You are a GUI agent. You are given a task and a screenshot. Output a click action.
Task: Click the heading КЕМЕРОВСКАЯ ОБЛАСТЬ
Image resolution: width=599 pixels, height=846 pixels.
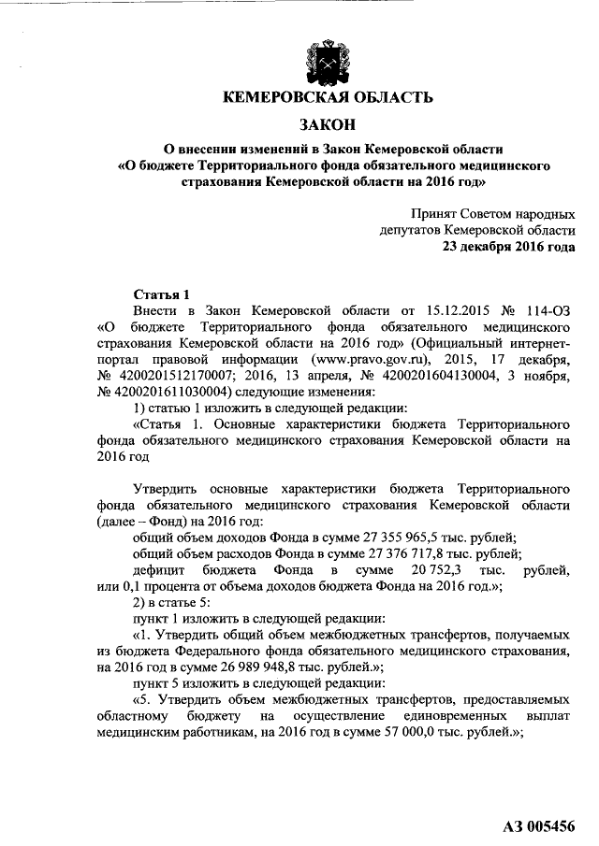(x=327, y=97)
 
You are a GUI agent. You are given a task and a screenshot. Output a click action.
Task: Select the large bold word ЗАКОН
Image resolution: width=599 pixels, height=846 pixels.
(x=327, y=124)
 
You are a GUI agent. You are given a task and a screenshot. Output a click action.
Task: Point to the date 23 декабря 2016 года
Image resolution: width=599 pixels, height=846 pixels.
(x=508, y=247)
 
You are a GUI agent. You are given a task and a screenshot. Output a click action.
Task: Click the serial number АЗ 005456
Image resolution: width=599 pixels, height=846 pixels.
(x=540, y=825)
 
